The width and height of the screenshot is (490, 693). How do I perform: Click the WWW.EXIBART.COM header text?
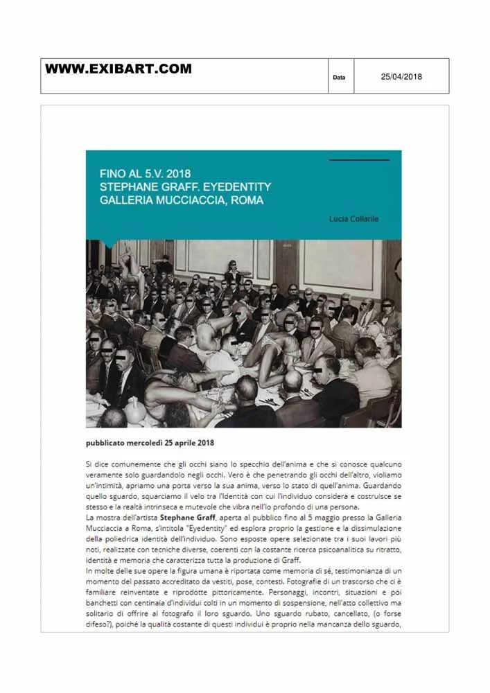coord(119,69)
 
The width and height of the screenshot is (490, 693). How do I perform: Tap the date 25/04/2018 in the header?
coord(401,77)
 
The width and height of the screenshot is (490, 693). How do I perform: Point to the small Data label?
coord(339,78)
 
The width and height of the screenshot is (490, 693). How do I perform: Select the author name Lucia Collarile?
coord(354,219)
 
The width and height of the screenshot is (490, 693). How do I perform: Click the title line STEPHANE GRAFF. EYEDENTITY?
coord(185,187)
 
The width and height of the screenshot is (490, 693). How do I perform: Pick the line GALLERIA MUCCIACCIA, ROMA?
coord(182,201)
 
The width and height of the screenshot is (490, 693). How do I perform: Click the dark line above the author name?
coord(358,160)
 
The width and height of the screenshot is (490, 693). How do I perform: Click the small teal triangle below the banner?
coord(107,243)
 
